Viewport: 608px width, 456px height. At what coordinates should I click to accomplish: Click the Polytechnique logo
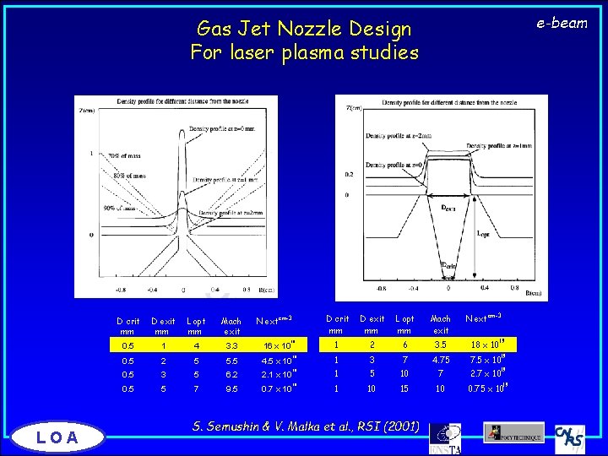point(513,432)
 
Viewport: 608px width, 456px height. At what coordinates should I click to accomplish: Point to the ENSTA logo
point(444,436)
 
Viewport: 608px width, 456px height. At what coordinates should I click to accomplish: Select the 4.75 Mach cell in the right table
point(440,360)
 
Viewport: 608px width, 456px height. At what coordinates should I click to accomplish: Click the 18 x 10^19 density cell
point(486,345)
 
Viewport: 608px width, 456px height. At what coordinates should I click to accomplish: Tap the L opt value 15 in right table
point(404,388)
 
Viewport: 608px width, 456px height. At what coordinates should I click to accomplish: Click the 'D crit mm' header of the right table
point(337,324)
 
